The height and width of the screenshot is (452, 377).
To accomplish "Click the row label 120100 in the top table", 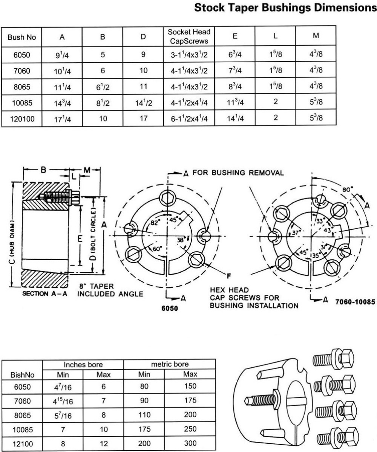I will point(22,119).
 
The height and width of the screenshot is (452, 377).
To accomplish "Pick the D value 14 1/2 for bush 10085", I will point(143,103).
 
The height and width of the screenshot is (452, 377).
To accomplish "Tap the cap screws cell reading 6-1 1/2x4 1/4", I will point(189,119).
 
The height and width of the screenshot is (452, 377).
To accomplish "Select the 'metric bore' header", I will point(170,364).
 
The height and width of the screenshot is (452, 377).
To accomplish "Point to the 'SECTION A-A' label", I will point(44,293).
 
